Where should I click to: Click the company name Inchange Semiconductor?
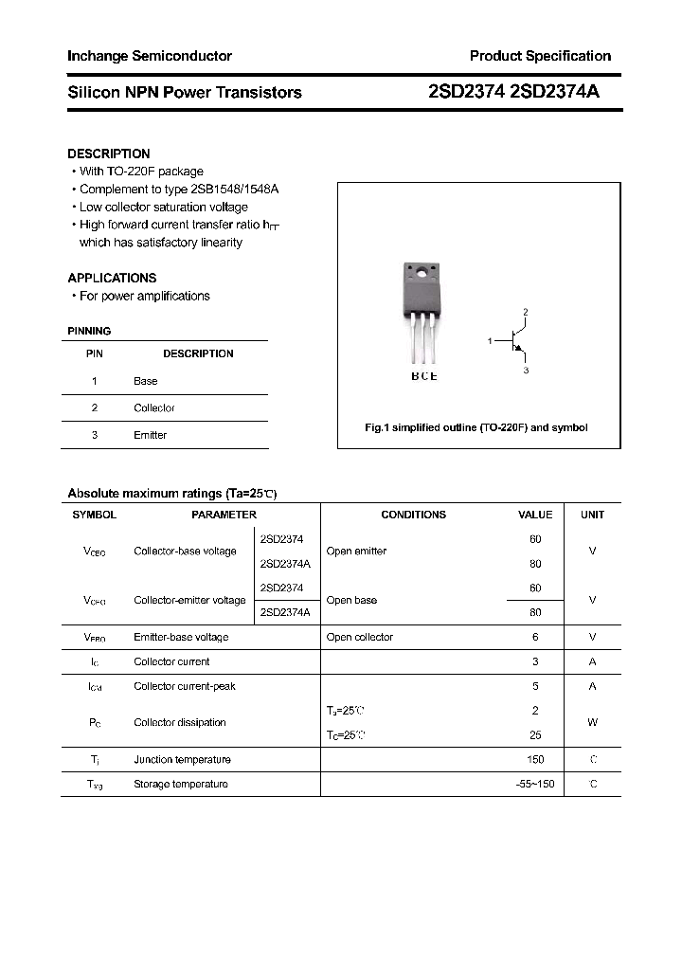point(150,56)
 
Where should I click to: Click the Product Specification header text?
point(540,56)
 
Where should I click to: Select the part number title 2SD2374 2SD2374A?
point(513,92)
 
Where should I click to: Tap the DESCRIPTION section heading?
point(109,154)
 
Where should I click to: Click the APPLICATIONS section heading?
point(112,278)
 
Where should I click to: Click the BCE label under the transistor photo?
point(423,376)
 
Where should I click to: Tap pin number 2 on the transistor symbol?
point(525,312)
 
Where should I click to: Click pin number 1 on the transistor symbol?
point(490,339)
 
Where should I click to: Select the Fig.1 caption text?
point(476,427)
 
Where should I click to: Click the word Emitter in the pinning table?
point(150,435)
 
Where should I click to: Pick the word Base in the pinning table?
point(145,381)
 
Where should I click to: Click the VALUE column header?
point(535,515)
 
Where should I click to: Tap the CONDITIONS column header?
point(413,515)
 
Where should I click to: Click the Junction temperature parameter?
point(182,759)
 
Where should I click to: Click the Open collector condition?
point(359,637)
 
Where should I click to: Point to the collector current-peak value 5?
point(535,686)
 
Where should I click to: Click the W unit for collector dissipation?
point(592,722)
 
